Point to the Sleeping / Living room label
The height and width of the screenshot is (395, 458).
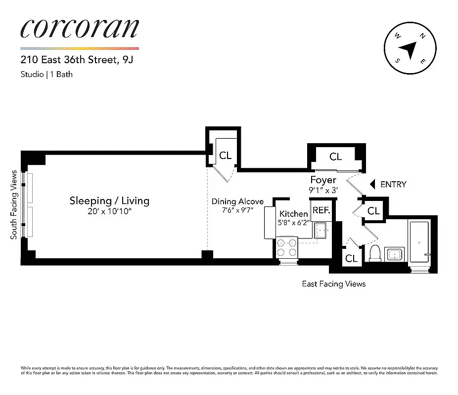tap(109, 200)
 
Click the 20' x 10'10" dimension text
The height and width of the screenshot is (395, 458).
tap(109, 212)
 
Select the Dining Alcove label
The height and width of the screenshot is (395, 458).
tap(237, 201)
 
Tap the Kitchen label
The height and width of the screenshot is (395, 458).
tap(294, 214)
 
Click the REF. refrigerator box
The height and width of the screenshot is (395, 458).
tap(321, 210)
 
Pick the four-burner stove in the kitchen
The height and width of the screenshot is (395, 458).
tap(287, 247)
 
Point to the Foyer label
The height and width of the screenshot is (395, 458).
tap(323, 180)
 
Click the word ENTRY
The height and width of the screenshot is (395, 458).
tap(393, 184)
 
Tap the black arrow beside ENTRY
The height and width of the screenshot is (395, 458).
tap(373, 184)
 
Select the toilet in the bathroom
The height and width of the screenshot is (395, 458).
tap(375, 253)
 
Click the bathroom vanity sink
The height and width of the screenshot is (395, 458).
tap(394, 255)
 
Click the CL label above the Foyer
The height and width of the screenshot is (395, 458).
tap(336, 157)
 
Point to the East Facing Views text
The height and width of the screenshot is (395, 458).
tap(334, 284)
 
